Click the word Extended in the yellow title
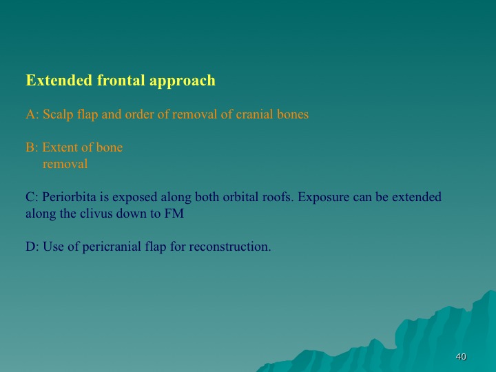(x=59, y=80)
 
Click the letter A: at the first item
(x=32, y=114)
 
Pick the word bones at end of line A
(x=293, y=114)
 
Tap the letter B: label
(x=32, y=147)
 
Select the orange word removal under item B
(x=65, y=164)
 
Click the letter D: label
(x=32, y=247)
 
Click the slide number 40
(x=461, y=357)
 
